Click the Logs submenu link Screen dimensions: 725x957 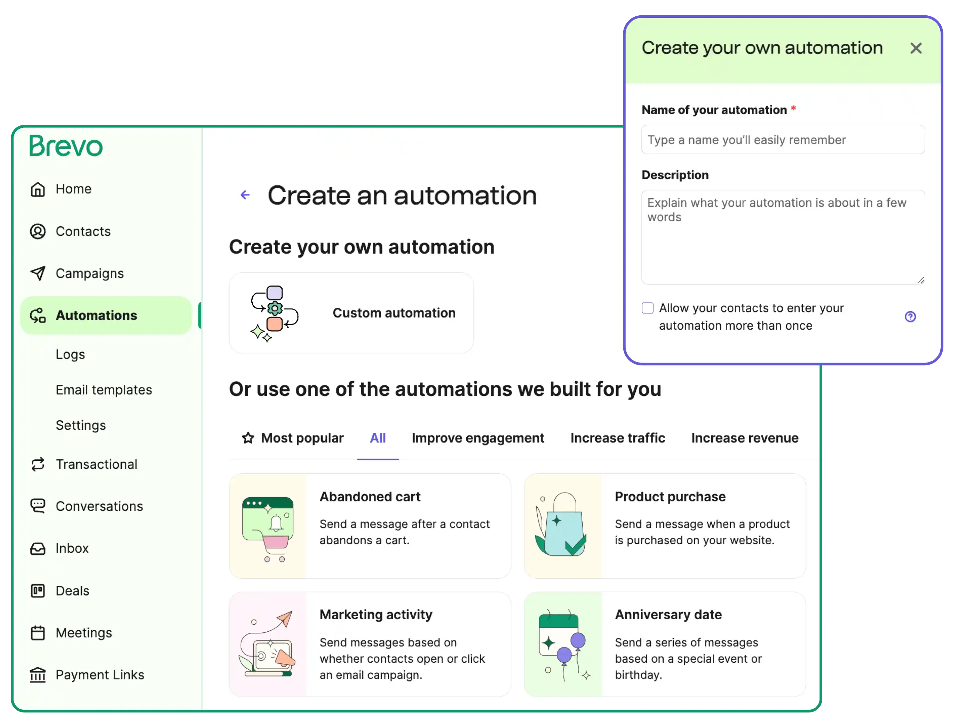[x=70, y=354]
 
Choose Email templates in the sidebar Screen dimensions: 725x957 [x=104, y=390]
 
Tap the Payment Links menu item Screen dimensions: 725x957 [x=100, y=675]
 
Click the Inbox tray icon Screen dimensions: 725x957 [x=38, y=549]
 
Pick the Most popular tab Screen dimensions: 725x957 [x=293, y=438]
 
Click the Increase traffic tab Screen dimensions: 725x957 [x=617, y=438]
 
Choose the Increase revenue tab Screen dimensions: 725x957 [x=745, y=438]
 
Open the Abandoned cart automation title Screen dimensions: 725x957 [x=370, y=497]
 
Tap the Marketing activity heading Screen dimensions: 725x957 [x=375, y=615]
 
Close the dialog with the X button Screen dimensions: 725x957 [x=916, y=48]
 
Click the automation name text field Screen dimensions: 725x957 [x=783, y=140]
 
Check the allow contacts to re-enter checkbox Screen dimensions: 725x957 [x=647, y=308]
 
